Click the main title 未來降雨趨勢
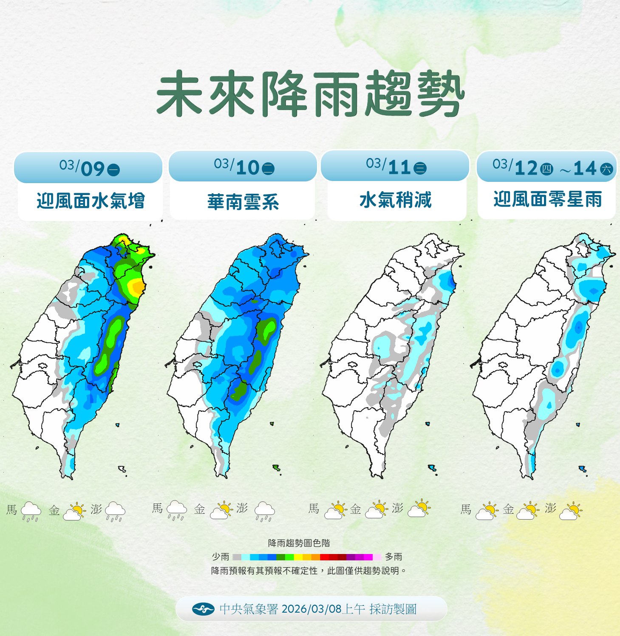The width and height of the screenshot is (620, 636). pyautogui.click(x=310, y=94)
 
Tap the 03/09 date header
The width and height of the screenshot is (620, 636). pyautogui.click(x=89, y=168)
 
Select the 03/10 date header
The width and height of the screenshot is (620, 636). pyautogui.click(x=243, y=167)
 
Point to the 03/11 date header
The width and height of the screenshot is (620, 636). pyautogui.click(x=395, y=166)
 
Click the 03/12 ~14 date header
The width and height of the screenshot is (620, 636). pyautogui.click(x=547, y=167)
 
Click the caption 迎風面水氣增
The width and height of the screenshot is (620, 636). pyautogui.click(x=91, y=201)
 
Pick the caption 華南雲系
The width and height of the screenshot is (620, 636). pyautogui.click(x=243, y=202)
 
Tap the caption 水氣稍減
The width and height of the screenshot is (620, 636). pyautogui.click(x=395, y=200)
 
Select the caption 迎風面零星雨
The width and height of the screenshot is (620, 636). pyautogui.click(x=547, y=199)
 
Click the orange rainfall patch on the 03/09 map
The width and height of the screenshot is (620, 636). pyautogui.click(x=137, y=287)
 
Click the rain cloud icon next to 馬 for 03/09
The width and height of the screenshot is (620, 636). pyautogui.click(x=31, y=511)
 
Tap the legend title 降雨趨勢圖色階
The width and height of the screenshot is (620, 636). pyautogui.click(x=299, y=543)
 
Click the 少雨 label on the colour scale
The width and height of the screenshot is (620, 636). pyautogui.click(x=221, y=557)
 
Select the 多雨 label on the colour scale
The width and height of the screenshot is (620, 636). pyautogui.click(x=394, y=557)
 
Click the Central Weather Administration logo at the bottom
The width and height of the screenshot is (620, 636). pyautogui.click(x=203, y=609)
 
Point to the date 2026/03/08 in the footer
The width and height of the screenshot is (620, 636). pyautogui.click(x=311, y=609)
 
